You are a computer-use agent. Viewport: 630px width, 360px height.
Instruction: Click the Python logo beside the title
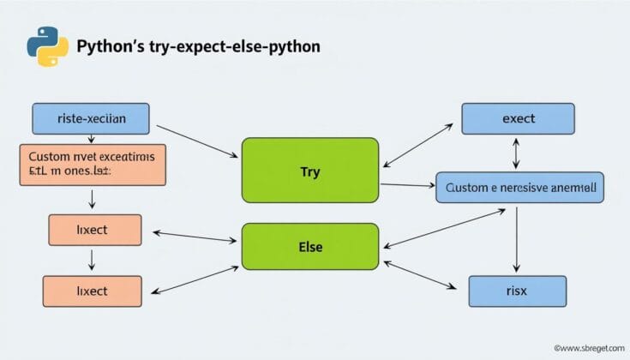coord(48,45)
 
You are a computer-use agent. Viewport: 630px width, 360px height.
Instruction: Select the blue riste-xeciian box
coord(90,119)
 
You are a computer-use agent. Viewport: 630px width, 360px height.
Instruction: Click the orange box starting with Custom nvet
coord(92,165)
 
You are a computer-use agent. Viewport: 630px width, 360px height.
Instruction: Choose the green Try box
coord(310,171)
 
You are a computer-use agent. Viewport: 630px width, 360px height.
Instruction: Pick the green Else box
coord(310,246)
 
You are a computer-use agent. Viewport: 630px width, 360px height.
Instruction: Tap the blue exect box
coord(517,119)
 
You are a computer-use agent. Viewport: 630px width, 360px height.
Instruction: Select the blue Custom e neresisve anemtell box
coord(520,186)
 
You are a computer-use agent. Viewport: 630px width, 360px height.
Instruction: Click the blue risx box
coord(517,291)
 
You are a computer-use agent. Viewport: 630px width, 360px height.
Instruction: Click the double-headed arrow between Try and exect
coord(418,145)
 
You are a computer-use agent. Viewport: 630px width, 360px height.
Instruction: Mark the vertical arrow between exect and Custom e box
coord(516,153)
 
